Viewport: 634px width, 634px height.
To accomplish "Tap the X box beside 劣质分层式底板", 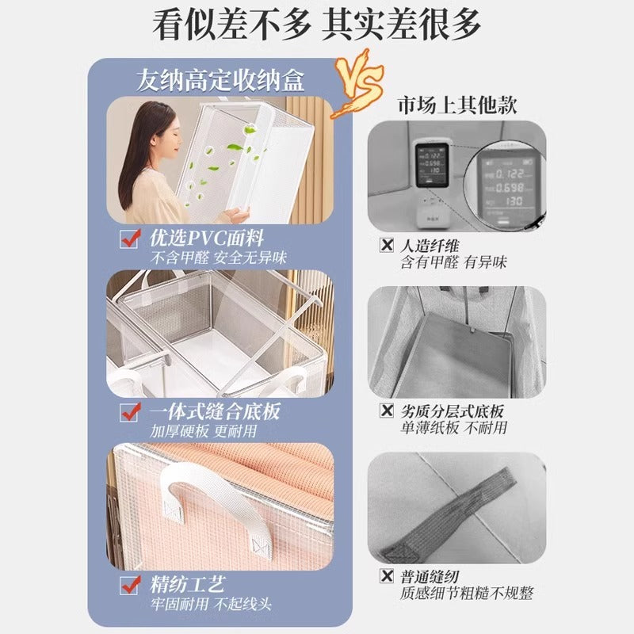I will click(387, 411).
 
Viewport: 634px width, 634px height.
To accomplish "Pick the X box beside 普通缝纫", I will click(387, 576).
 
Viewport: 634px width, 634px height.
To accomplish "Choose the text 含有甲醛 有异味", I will click(453, 262).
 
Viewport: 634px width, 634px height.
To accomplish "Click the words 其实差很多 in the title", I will click(402, 26).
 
